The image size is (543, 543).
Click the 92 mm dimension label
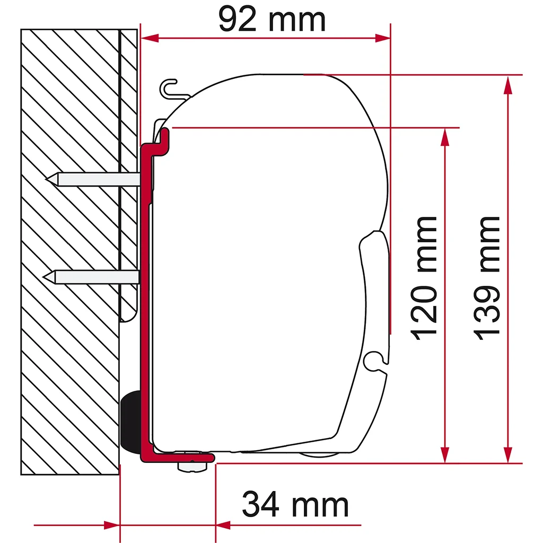[272, 20]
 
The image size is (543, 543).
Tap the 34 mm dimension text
[295, 504]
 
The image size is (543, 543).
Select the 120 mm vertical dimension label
[424, 278]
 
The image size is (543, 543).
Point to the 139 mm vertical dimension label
[487, 278]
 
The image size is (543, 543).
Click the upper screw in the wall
[93, 179]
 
